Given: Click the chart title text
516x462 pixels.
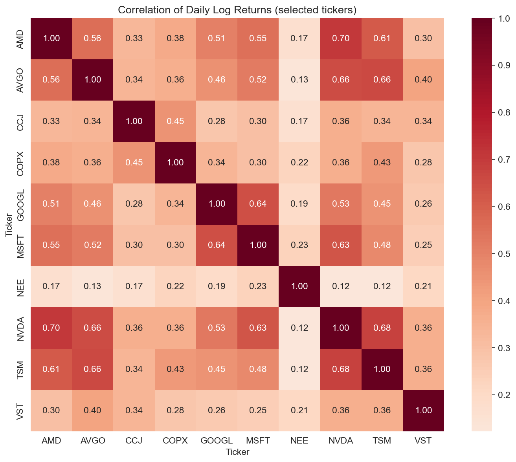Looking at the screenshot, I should (237, 10).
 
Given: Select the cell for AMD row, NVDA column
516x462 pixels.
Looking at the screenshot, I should (341, 38).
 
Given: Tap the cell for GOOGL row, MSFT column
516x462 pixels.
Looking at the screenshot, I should (258, 203).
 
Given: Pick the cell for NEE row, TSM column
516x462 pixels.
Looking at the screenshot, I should (382, 286).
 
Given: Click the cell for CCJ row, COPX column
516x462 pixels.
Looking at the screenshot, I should (175, 121).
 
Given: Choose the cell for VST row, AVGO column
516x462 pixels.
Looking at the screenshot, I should (93, 411).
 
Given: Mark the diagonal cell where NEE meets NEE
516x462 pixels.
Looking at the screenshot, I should (299, 286).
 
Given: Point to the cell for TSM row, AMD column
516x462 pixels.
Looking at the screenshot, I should (51, 369).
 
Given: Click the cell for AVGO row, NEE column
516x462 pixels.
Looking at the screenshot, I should (299, 80).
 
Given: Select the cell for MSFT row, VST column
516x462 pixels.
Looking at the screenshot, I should (423, 245).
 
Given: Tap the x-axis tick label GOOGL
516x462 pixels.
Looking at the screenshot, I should (217, 441).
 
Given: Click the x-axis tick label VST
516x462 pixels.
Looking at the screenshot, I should (423, 441).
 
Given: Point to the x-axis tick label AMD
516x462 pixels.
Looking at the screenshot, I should (51, 441).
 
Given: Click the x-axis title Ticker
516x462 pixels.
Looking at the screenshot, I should (237, 452).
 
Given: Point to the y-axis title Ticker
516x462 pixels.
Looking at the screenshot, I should (9, 224).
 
